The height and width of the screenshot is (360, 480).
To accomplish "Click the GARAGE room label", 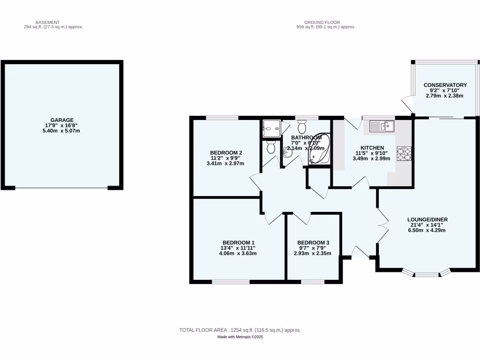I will coord(62,120).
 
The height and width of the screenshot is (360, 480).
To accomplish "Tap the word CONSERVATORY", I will coord(445,85).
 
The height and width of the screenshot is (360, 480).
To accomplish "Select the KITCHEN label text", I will coord(372,148).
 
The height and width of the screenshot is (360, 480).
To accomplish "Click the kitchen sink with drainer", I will coord(382,126).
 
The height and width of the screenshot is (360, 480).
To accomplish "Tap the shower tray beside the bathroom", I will coord(272,127).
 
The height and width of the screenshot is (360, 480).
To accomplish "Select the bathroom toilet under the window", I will coord(302,127).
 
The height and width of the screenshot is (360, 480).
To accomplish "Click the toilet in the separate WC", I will coord(270,148).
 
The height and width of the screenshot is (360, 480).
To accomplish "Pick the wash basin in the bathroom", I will coord(288,151).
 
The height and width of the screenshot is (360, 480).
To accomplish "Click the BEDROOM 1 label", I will coord(238,242).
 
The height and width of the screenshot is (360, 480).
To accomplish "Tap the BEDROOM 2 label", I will coord(225,153).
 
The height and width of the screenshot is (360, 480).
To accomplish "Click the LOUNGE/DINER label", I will coord(427,219).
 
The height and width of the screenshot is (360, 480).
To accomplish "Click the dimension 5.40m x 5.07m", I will coord(62,131).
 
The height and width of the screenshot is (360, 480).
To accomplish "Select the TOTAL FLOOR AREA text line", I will coord(240,330).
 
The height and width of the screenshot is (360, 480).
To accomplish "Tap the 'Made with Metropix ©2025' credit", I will coord(240,337).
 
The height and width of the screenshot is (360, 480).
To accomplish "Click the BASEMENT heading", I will coord(48,22).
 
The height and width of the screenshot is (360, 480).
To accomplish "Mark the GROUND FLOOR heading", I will coord(322,22).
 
